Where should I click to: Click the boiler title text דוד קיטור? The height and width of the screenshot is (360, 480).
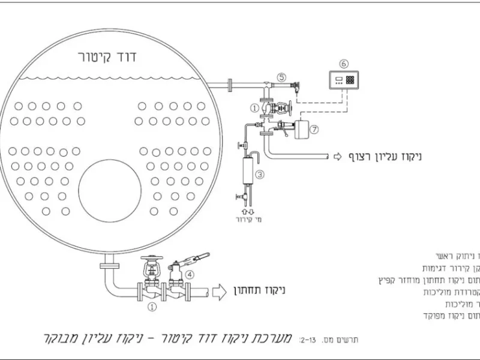(108, 58)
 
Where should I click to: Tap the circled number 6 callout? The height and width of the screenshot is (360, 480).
(343, 64)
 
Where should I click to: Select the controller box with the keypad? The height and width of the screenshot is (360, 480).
(343, 80)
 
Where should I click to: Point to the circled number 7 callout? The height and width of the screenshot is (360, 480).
(314, 129)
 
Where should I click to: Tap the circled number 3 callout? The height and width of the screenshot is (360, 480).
(259, 175)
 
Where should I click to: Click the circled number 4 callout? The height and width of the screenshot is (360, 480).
(190, 275)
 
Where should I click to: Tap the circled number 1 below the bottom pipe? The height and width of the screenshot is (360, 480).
(152, 306)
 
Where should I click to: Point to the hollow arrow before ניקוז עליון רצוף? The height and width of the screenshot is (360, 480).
(337, 157)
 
